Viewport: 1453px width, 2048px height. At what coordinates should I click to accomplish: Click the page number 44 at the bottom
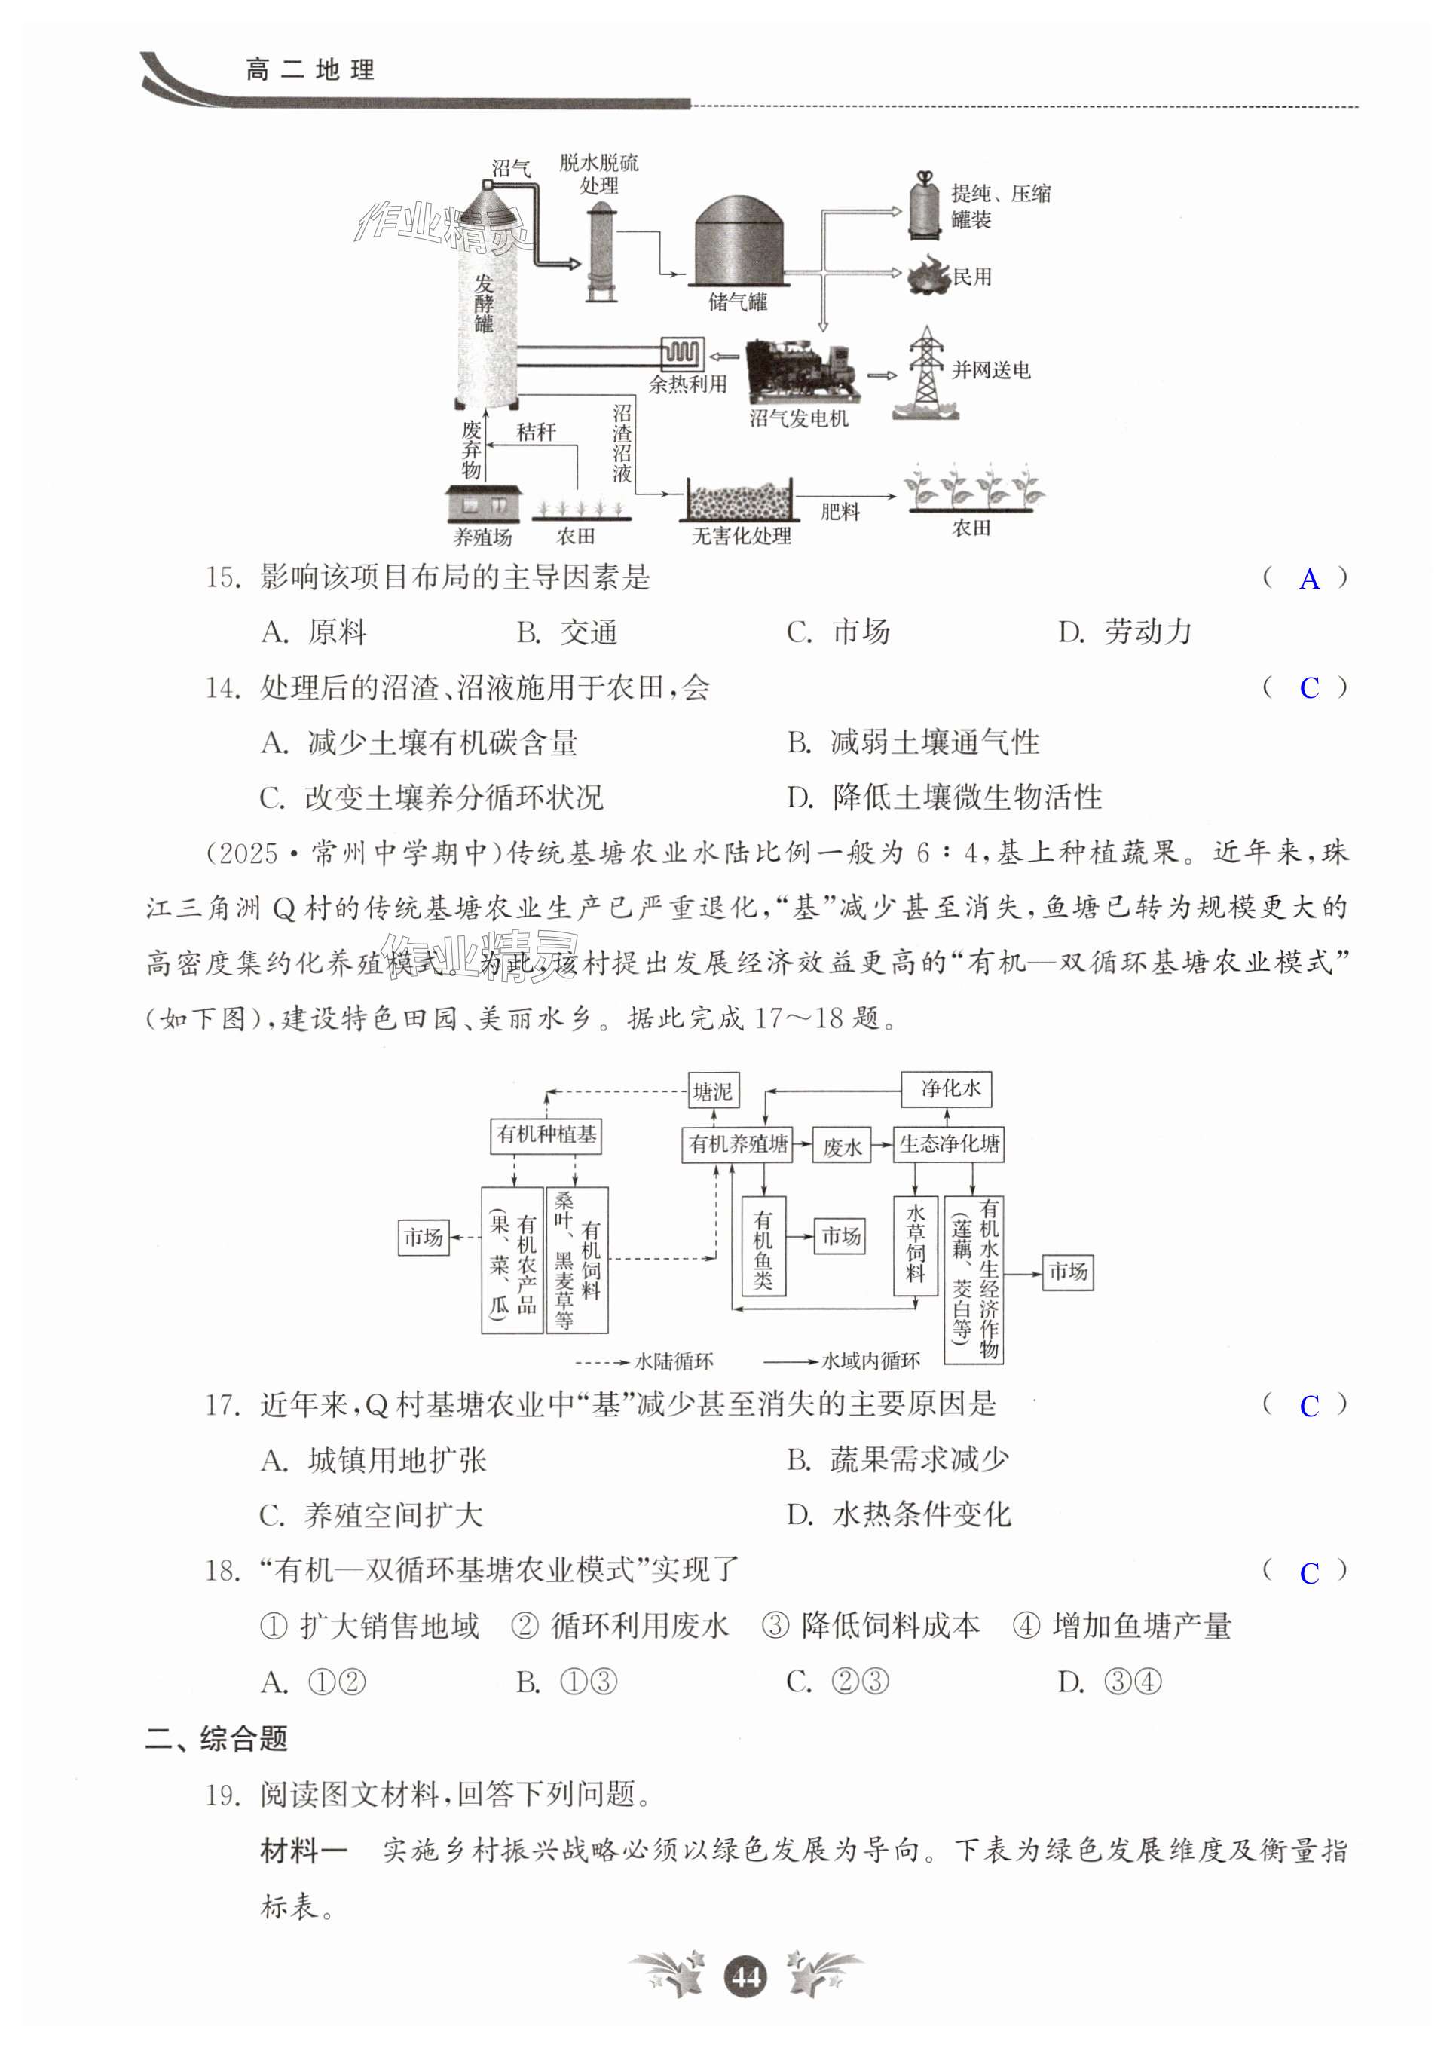click(x=746, y=1976)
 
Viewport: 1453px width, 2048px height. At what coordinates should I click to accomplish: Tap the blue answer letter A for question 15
click(x=1308, y=579)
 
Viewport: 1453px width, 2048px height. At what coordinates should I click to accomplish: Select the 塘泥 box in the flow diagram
click(x=712, y=1091)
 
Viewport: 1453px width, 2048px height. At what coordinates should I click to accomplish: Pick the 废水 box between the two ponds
click(x=841, y=1146)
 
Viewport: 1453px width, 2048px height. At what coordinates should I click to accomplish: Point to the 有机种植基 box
click(x=546, y=1134)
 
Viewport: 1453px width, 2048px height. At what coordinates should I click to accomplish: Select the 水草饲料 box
click(x=915, y=1244)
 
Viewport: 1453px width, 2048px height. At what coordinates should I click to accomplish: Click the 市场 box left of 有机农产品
click(x=424, y=1238)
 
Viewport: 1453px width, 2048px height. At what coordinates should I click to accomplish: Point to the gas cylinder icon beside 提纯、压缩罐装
click(x=924, y=206)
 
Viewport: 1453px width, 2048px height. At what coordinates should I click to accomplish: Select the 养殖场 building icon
click(x=483, y=504)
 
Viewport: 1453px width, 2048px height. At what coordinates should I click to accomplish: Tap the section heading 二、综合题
click(x=216, y=1737)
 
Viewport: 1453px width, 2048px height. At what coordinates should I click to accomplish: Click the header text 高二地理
click(x=310, y=70)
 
